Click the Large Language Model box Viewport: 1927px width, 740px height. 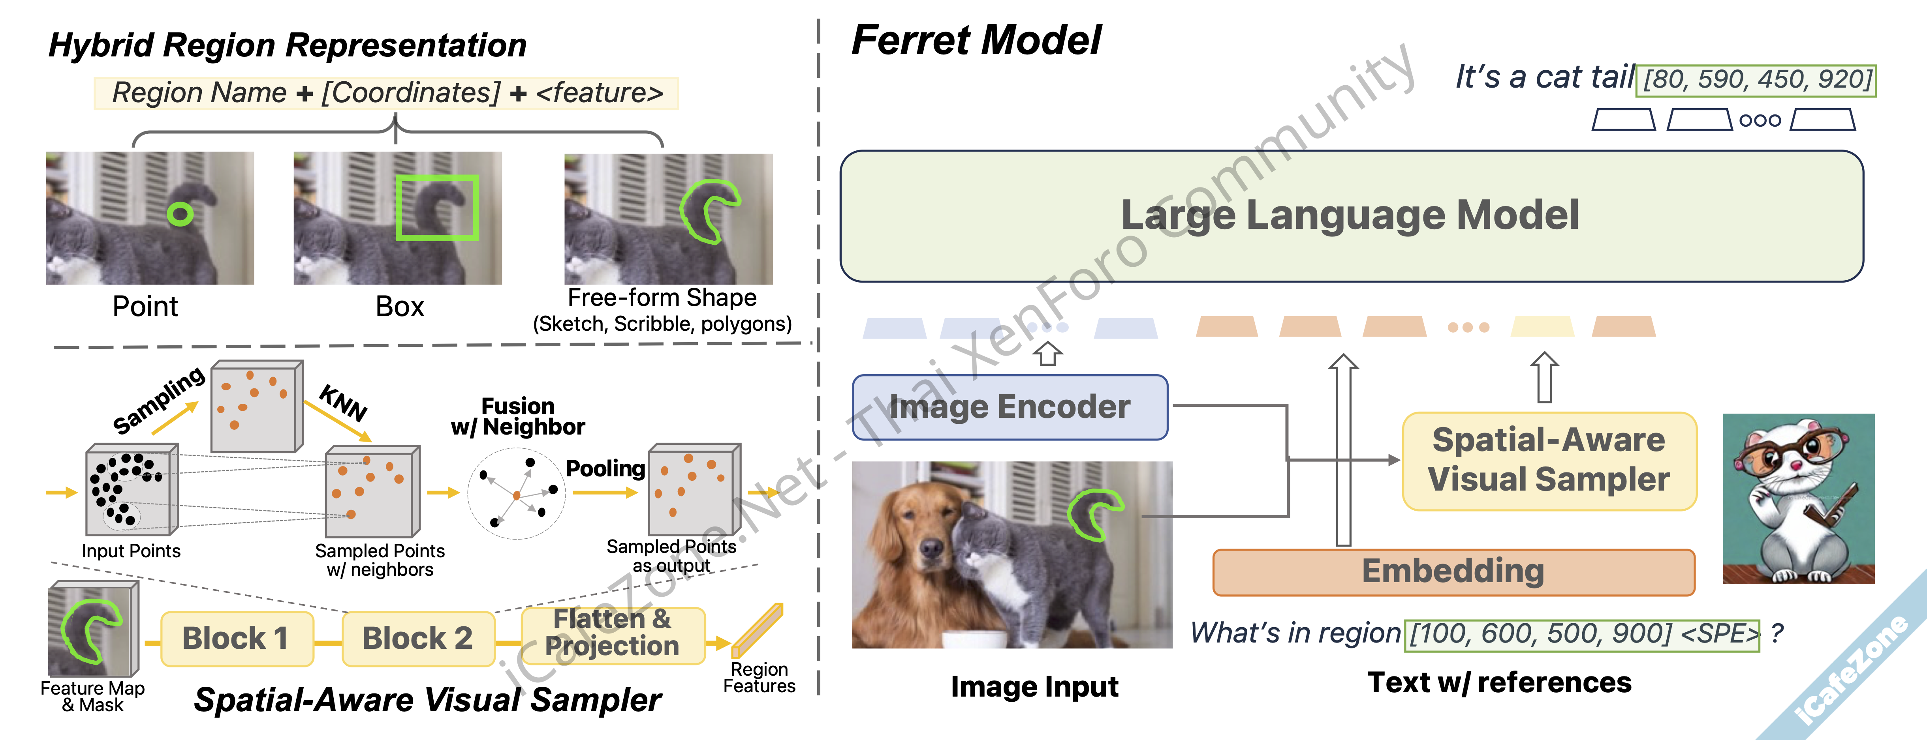[1351, 216]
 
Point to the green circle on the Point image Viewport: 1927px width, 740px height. [180, 215]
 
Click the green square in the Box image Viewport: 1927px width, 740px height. [437, 208]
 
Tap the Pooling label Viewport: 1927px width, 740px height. [605, 469]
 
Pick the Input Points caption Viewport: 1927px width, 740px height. [131, 551]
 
